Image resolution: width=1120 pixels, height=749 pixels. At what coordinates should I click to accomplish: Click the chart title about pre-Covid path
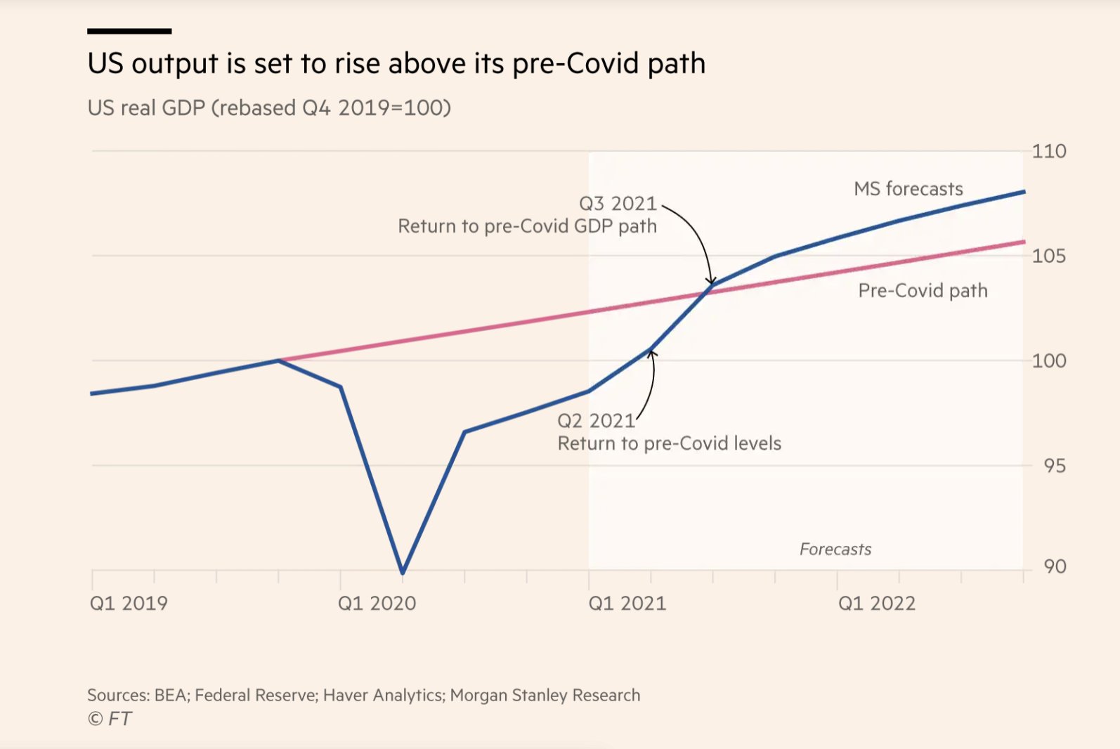pyautogui.click(x=396, y=64)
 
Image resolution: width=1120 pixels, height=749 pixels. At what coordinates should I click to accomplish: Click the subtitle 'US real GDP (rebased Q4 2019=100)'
pyautogui.click(x=269, y=108)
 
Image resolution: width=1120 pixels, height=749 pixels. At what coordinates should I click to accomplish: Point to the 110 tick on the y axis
pyautogui.click(x=1048, y=152)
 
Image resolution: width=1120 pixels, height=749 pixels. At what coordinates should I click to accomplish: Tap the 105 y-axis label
pyautogui.click(x=1048, y=256)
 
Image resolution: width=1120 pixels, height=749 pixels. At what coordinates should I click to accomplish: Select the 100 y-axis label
pyautogui.click(x=1048, y=361)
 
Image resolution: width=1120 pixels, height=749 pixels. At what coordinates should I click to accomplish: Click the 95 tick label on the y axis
pyautogui.click(x=1054, y=466)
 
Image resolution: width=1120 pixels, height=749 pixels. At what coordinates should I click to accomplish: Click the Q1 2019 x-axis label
pyautogui.click(x=129, y=604)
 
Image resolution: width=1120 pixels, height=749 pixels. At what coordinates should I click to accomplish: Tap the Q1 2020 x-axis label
pyautogui.click(x=377, y=604)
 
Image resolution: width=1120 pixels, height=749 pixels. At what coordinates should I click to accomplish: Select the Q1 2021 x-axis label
pyautogui.click(x=627, y=604)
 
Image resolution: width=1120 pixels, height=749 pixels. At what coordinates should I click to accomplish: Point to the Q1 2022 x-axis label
pyautogui.click(x=876, y=604)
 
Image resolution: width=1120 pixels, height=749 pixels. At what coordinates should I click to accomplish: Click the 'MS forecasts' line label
pyautogui.click(x=908, y=189)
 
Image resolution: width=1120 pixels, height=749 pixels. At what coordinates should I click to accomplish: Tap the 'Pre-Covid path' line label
pyautogui.click(x=923, y=291)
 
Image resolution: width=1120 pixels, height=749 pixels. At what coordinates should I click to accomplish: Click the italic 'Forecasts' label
pyautogui.click(x=835, y=549)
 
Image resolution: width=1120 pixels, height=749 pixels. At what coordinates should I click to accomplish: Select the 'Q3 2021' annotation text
pyautogui.click(x=618, y=204)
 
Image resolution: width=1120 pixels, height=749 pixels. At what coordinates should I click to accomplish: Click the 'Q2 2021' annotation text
pyautogui.click(x=596, y=421)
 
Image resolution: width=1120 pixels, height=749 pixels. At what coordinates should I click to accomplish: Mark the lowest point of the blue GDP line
pyautogui.click(x=403, y=572)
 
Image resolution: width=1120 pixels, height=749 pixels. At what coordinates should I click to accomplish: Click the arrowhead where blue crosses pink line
pyautogui.click(x=711, y=282)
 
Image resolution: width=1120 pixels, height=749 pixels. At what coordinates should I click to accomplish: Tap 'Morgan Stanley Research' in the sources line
pyautogui.click(x=545, y=696)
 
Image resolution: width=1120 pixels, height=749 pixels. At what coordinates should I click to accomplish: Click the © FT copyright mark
pyautogui.click(x=110, y=719)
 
